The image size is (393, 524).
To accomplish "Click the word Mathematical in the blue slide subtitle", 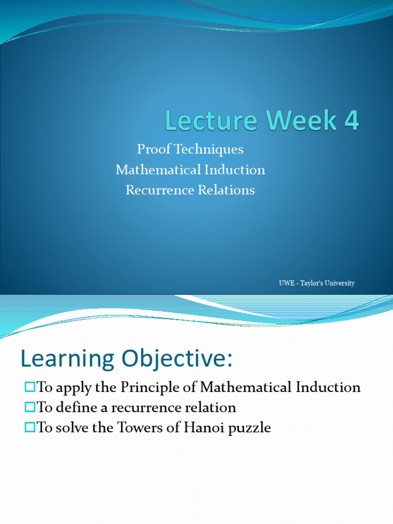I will pos(154,170).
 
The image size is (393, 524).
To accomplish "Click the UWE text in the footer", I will pos(286,283).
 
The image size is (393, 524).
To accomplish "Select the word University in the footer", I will pos(338,283).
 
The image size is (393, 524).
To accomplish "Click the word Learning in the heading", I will pos(64,360).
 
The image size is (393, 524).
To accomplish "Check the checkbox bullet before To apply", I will pos(29,387).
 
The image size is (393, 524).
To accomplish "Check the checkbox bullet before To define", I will pos(29,408).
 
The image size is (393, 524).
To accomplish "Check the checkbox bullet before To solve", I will pos(29,428).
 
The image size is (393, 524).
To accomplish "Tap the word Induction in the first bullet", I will pos(329,387).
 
